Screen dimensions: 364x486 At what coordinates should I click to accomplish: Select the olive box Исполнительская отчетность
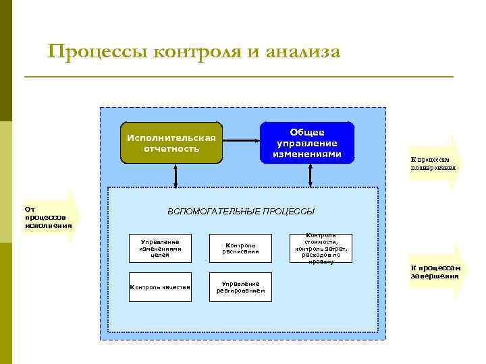[x=171, y=143]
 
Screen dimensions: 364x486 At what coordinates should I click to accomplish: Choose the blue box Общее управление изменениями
[x=307, y=143]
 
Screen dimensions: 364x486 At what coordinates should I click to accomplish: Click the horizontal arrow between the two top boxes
[x=242, y=142]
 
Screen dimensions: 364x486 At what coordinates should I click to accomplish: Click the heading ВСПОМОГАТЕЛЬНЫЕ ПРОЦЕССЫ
[x=240, y=212]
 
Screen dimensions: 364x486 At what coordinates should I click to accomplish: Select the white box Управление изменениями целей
[x=160, y=248]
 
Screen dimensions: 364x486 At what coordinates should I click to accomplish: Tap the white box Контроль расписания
[x=241, y=248]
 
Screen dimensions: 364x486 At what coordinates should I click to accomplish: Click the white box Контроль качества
[x=160, y=287]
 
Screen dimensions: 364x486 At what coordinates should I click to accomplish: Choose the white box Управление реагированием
[x=241, y=287]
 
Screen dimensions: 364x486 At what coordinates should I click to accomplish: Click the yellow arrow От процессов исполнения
[x=51, y=216]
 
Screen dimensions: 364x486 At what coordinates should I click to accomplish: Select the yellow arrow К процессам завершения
[x=436, y=272]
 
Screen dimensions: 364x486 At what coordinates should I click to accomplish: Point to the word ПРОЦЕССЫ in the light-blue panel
[x=288, y=212]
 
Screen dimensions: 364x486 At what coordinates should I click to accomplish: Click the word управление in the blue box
[x=307, y=143]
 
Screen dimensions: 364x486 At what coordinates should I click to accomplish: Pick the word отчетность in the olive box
[x=171, y=148]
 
